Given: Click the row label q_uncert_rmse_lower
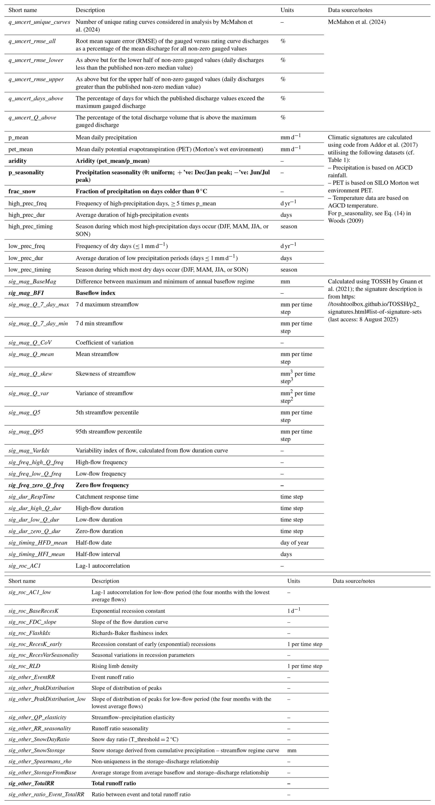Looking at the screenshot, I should coord(36,60).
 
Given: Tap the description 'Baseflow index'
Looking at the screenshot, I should coord(95,293).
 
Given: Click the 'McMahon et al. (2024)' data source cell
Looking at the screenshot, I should coord(357,22).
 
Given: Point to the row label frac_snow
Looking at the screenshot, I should coord(22,191).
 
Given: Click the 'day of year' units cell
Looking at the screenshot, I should coord(294,542).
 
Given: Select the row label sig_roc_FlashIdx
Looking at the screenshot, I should coord(29,633).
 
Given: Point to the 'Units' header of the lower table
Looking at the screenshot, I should coord(293,581).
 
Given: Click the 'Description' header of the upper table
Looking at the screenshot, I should coord(90,10).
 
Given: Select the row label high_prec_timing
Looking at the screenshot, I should coord(30,226).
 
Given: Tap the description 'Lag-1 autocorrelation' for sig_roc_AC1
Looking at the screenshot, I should coord(103,566).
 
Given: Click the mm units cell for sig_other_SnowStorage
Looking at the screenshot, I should coord(292,750).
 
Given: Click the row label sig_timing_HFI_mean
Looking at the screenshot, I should coord(37,554).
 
